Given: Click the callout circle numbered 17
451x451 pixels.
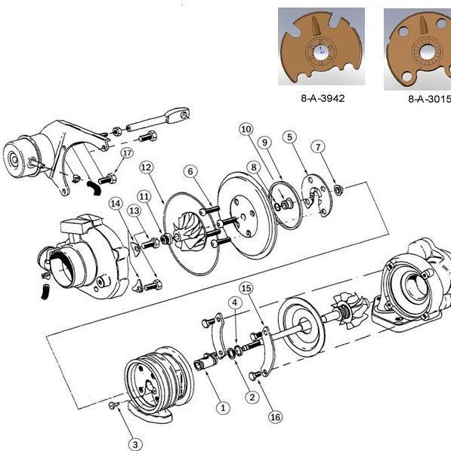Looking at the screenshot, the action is tap(127, 153).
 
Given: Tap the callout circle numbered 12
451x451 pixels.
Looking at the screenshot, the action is tap(146, 167).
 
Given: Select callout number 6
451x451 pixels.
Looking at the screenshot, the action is tap(190, 171).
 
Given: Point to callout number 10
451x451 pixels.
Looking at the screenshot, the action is tap(246, 129).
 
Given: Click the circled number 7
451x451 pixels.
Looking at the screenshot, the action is tap(318, 147).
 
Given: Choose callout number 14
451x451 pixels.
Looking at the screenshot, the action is tap(116, 204).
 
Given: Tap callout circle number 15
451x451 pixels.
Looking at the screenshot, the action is tap(246, 288).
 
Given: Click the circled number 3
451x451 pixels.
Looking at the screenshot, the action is tap(135, 443).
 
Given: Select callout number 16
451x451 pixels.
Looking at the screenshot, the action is tap(275, 417).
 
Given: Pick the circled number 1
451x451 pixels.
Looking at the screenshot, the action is tap(223, 407).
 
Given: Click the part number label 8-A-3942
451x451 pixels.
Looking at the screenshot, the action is tap(323, 98).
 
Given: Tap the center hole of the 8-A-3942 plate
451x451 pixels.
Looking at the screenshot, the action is tap(321, 51).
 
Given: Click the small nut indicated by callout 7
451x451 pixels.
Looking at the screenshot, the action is tap(338, 189).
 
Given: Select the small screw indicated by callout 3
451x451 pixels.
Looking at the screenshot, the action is tap(113, 405).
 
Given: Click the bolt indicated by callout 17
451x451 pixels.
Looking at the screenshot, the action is tap(107, 179).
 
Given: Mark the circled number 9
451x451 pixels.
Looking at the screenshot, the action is tap(264, 143).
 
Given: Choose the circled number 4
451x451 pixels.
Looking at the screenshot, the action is tap(235, 302).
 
